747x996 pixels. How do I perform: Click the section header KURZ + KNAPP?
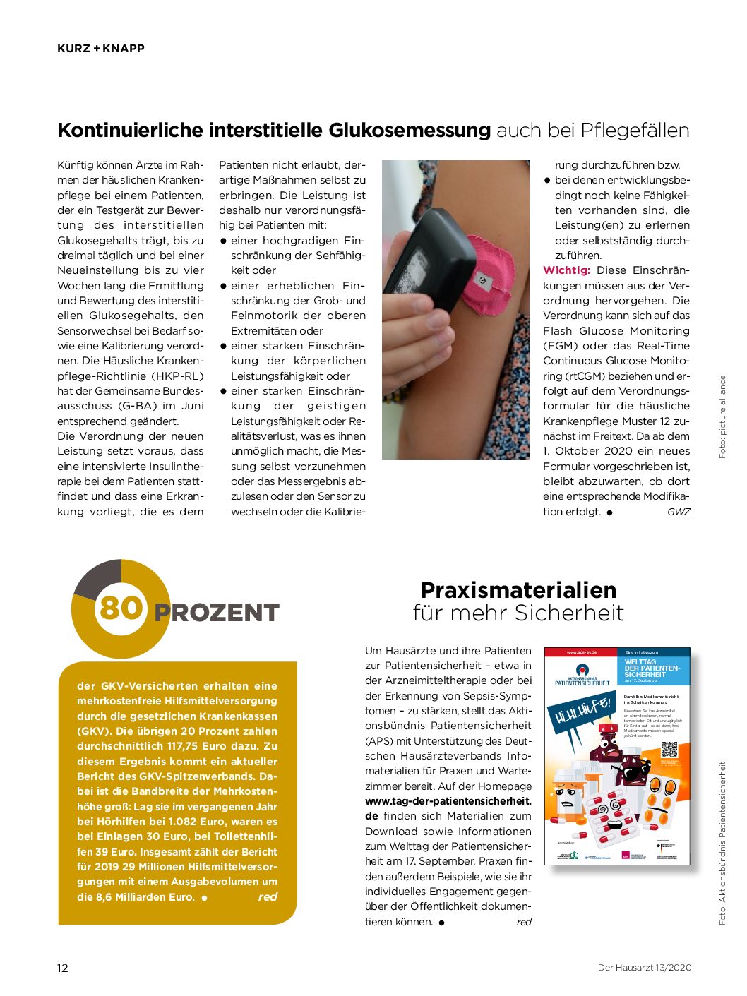click(x=101, y=49)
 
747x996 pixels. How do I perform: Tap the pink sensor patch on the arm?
click(x=486, y=275)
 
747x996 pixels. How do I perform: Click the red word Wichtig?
click(x=566, y=270)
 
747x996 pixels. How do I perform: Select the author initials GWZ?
click(x=678, y=512)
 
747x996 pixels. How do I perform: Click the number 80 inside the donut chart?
click(x=121, y=608)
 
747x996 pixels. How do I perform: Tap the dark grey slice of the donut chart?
click(x=97, y=577)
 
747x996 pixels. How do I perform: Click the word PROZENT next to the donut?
click(x=217, y=613)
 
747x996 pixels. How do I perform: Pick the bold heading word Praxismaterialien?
click(x=518, y=590)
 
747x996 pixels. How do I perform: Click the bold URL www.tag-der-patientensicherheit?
click(x=448, y=801)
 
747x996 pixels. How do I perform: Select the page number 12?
click(x=63, y=968)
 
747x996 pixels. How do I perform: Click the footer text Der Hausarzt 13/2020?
click(x=644, y=968)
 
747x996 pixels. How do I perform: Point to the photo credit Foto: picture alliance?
click(x=722, y=416)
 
